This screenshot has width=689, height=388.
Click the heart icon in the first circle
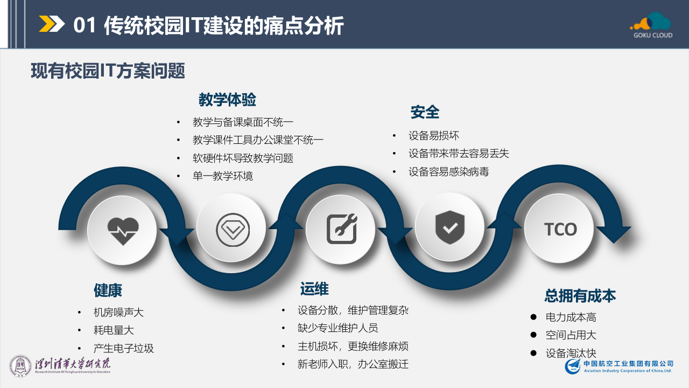(123, 231)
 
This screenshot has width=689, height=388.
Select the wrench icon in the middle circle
(342, 230)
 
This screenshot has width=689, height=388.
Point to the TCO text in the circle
(560, 230)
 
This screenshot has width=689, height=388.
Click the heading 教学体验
(227, 100)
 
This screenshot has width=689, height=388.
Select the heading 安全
(425, 112)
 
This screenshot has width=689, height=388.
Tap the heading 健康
(108, 290)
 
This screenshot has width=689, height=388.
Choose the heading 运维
(314, 289)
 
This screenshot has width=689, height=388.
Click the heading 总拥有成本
(580, 295)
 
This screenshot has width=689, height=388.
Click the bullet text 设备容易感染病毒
(448, 172)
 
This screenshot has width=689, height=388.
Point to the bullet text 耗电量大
(113, 330)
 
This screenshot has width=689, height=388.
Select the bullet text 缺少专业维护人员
(338, 328)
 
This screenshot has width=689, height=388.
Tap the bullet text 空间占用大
(571, 335)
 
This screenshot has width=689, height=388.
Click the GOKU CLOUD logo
(652, 25)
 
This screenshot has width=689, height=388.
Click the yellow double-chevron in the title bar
(52, 24)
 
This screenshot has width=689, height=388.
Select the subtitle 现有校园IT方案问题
(108, 71)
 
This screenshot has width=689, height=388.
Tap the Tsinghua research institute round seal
(20, 366)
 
